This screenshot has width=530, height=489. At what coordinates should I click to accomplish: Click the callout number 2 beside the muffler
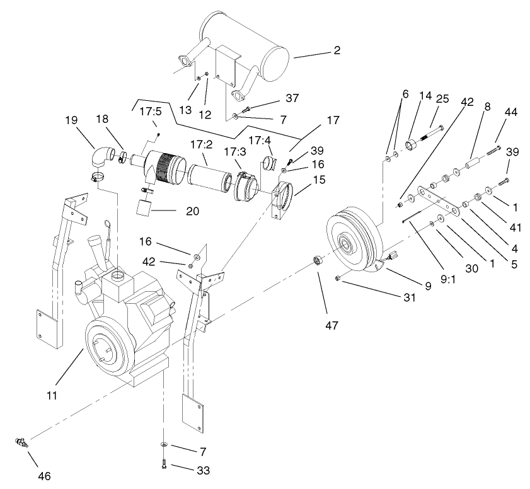337,50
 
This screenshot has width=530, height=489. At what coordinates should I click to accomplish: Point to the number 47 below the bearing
332,326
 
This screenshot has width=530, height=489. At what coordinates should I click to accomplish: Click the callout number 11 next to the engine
52,395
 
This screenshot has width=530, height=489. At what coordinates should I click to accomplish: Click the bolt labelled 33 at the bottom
164,466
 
